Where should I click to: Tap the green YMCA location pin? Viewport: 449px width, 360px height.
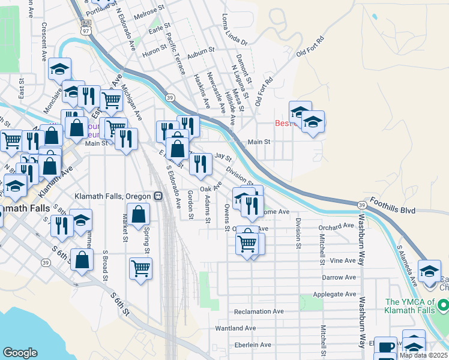443,306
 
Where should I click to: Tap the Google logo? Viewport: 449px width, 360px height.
20,352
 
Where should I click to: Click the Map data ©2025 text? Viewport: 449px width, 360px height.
423,355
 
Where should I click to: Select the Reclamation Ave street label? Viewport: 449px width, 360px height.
259,311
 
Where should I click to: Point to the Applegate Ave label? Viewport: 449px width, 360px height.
334,295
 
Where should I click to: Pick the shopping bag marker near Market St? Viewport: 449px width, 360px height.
138,214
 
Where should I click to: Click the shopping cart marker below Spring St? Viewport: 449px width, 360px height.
140,268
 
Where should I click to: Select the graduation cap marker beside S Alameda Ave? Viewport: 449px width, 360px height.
429,271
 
